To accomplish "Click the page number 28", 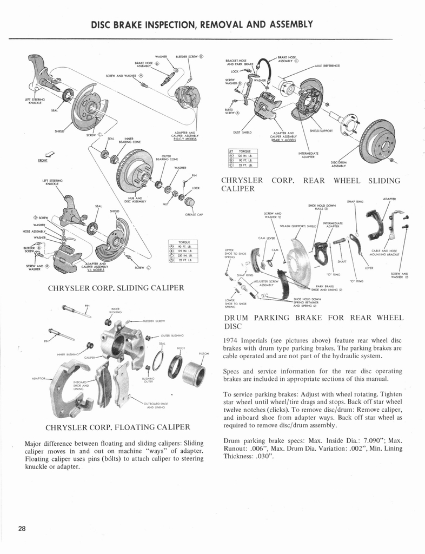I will tap(22, 529).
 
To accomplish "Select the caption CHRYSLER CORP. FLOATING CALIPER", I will tap(118, 427).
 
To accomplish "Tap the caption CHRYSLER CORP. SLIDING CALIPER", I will tap(116, 287).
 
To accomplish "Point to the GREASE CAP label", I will tap(193, 215).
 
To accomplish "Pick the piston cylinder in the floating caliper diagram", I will tap(194, 374).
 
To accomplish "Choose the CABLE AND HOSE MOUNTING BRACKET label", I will tap(385, 253).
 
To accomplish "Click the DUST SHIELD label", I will tap(242, 132).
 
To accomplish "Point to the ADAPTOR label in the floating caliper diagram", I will tap(40, 379).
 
